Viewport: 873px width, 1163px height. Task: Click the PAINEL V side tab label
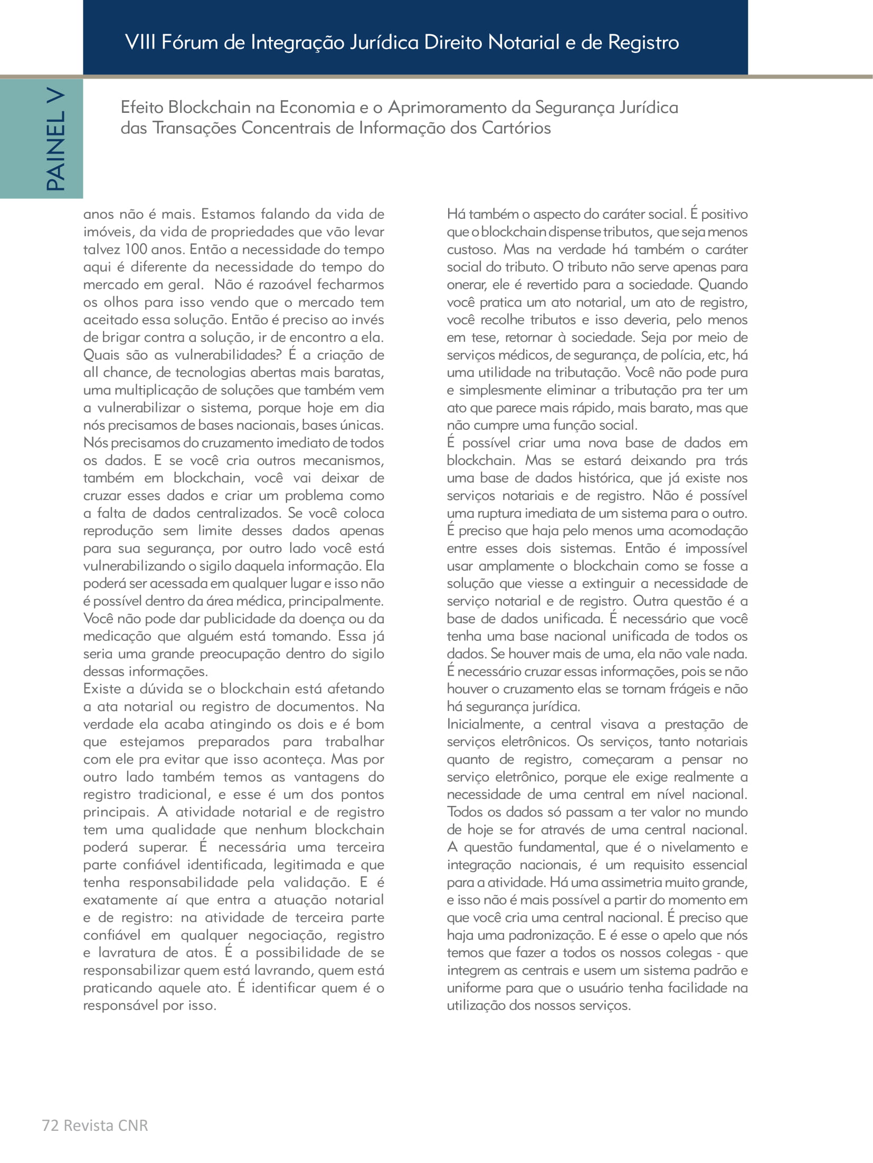56,139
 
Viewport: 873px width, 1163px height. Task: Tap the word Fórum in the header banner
190,42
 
